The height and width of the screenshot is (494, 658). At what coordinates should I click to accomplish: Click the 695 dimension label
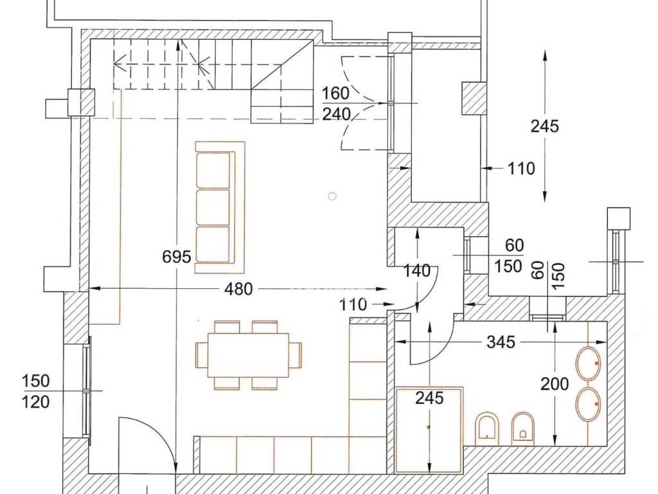[176, 257]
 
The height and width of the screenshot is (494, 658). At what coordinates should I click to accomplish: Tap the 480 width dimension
[238, 289]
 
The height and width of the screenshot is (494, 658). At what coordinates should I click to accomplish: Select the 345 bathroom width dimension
[501, 342]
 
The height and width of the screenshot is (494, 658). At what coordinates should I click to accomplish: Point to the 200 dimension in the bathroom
[555, 384]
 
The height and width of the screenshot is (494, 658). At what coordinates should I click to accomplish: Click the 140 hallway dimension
[416, 271]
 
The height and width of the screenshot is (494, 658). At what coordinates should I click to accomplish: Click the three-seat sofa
[220, 208]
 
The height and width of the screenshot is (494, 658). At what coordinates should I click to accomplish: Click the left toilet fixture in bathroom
[487, 428]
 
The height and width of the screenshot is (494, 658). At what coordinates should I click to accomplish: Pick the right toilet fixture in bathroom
[523, 428]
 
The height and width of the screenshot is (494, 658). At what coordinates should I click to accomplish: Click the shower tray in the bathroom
[429, 429]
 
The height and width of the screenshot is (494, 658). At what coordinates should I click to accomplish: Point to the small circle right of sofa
[332, 196]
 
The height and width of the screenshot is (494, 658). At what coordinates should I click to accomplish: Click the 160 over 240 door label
[335, 104]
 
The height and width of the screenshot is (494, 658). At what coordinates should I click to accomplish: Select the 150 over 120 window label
[36, 392]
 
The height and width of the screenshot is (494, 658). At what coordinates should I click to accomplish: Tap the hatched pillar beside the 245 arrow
[474, 98]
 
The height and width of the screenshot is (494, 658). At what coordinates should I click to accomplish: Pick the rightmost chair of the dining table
[296, 355]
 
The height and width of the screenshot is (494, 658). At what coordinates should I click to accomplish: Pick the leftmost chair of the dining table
[201, 355]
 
